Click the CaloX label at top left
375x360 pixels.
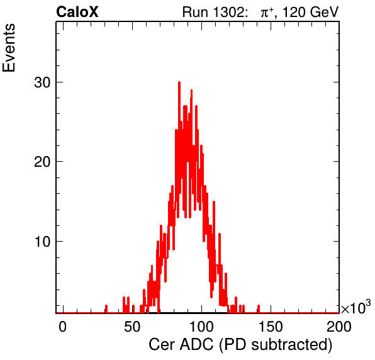tap(77, 12)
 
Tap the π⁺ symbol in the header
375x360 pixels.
tap(267, 13)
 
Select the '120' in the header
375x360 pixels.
tap(294, 12)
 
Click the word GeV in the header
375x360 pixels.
tap(324, 12)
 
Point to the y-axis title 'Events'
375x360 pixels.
tap(9, 48)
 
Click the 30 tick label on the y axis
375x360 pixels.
tap(42, 82)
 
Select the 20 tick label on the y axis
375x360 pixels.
tap(42, 162)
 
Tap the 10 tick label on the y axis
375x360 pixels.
tap(42, 242)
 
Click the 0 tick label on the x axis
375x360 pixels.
tap(62, 327)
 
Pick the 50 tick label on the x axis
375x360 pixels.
tap(132, 327)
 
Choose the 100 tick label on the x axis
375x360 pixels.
tap(201, 327)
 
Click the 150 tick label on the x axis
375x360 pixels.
tap(271, 327)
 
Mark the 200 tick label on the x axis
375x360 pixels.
tap(339, 327)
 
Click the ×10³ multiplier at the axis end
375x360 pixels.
tap(356, 307)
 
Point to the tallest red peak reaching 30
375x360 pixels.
tap(179, 83)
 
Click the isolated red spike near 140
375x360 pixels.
tap(259, 309)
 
